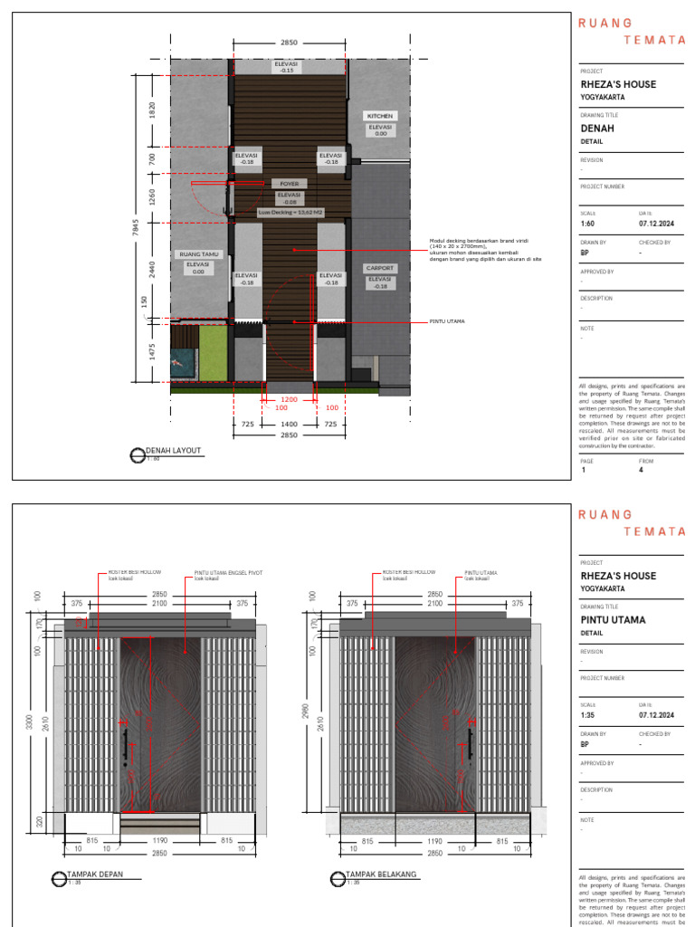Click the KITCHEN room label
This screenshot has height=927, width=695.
(x=380, y=117)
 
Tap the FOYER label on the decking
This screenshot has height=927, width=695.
(x=289, y=184)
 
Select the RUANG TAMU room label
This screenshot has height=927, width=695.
(x=197, y=254)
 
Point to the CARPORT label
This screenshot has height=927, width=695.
(x=380, y=269)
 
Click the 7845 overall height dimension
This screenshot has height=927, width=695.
(x=136, y=230)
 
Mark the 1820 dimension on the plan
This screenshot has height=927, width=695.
(x=152, y=110)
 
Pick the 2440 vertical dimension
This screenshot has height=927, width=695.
(x=152, y=268)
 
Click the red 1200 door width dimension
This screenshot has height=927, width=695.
(x=288, y=398)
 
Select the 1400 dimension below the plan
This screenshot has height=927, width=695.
(x=289, y=424)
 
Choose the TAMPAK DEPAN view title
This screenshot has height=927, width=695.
(x=94, y=874)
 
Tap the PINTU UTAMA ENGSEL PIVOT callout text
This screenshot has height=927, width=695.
(x=224, y=573)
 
